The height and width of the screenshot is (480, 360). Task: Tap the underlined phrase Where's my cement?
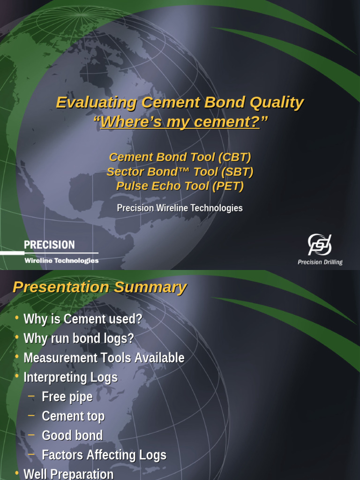coord(180,122)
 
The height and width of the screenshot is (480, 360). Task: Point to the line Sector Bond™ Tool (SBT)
coord(180,172)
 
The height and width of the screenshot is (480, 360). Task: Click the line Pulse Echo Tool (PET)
coord(180,186)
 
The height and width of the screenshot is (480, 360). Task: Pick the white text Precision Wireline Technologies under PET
coord(180,208)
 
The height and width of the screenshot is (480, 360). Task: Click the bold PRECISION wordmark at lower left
coord(49,245)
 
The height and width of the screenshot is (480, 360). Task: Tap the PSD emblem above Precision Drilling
coord(320,245)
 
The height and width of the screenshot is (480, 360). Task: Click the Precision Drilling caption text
coord(320,262)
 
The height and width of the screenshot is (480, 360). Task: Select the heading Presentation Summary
coord(99,287)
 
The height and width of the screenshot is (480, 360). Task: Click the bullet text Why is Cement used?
coord(82,319)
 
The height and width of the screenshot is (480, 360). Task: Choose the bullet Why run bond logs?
coord(79,338)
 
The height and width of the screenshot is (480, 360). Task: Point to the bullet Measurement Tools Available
coord(104,358)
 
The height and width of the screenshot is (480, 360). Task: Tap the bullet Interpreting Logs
coord(70,377)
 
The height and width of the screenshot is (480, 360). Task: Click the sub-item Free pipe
coord(67,397)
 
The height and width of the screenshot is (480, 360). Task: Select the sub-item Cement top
coord(73,416)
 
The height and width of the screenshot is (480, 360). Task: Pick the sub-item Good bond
coord(72,435)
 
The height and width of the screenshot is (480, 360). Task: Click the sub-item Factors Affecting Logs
coord(104,455)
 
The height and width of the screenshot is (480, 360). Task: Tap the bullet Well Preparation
coord(68,473)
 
